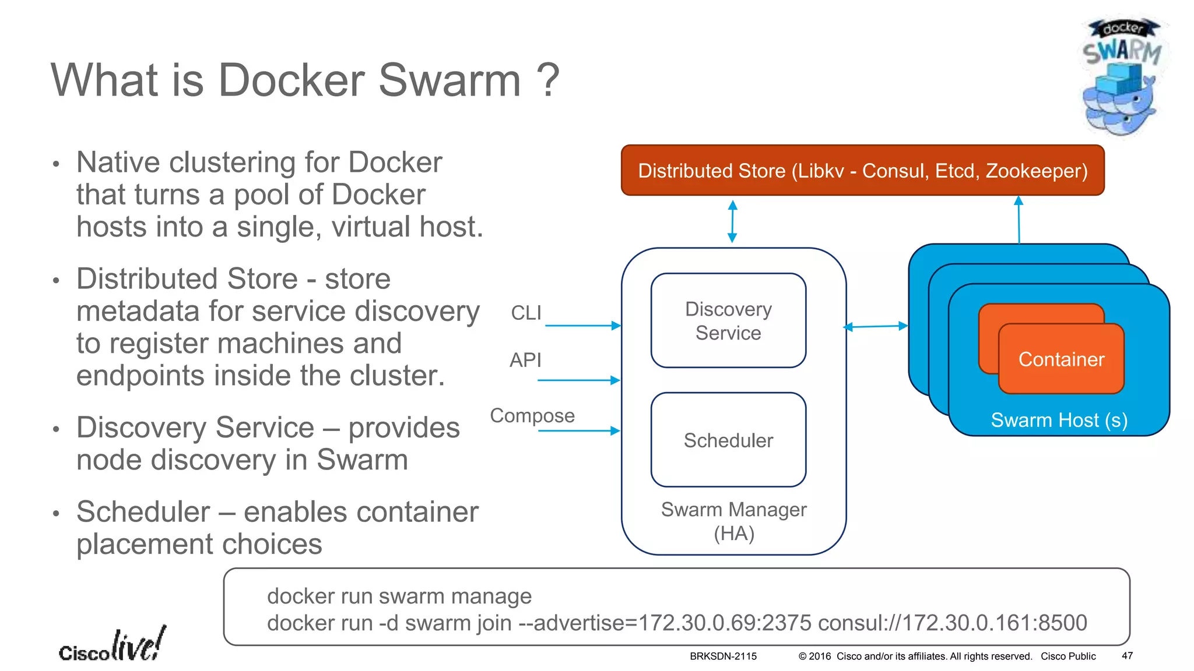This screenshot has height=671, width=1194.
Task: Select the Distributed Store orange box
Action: (x=862, y=171)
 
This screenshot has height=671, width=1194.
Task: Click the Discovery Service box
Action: (x=728, y=321)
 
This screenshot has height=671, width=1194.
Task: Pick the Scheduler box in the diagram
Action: (x=728, y=440)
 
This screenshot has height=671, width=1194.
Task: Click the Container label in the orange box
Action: (x=1061, y=359)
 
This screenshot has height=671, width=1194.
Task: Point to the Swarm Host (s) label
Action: (x=1059, y=420)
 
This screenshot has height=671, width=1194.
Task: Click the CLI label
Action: (x=526, y=313)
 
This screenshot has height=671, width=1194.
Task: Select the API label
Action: (x=525, y=360)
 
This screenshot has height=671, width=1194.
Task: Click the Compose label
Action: (x=532, y=415)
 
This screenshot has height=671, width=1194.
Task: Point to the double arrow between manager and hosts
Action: (x=876, y=327)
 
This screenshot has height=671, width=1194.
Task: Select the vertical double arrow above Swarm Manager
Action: (x=733, y=221)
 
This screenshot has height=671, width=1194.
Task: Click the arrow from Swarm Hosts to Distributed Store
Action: (x=1019, y=220)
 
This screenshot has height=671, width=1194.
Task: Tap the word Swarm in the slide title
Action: (x=449, y=80)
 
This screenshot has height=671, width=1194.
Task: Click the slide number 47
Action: (x=1127, y=656)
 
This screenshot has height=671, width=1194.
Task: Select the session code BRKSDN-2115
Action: (x=723, y=656)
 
